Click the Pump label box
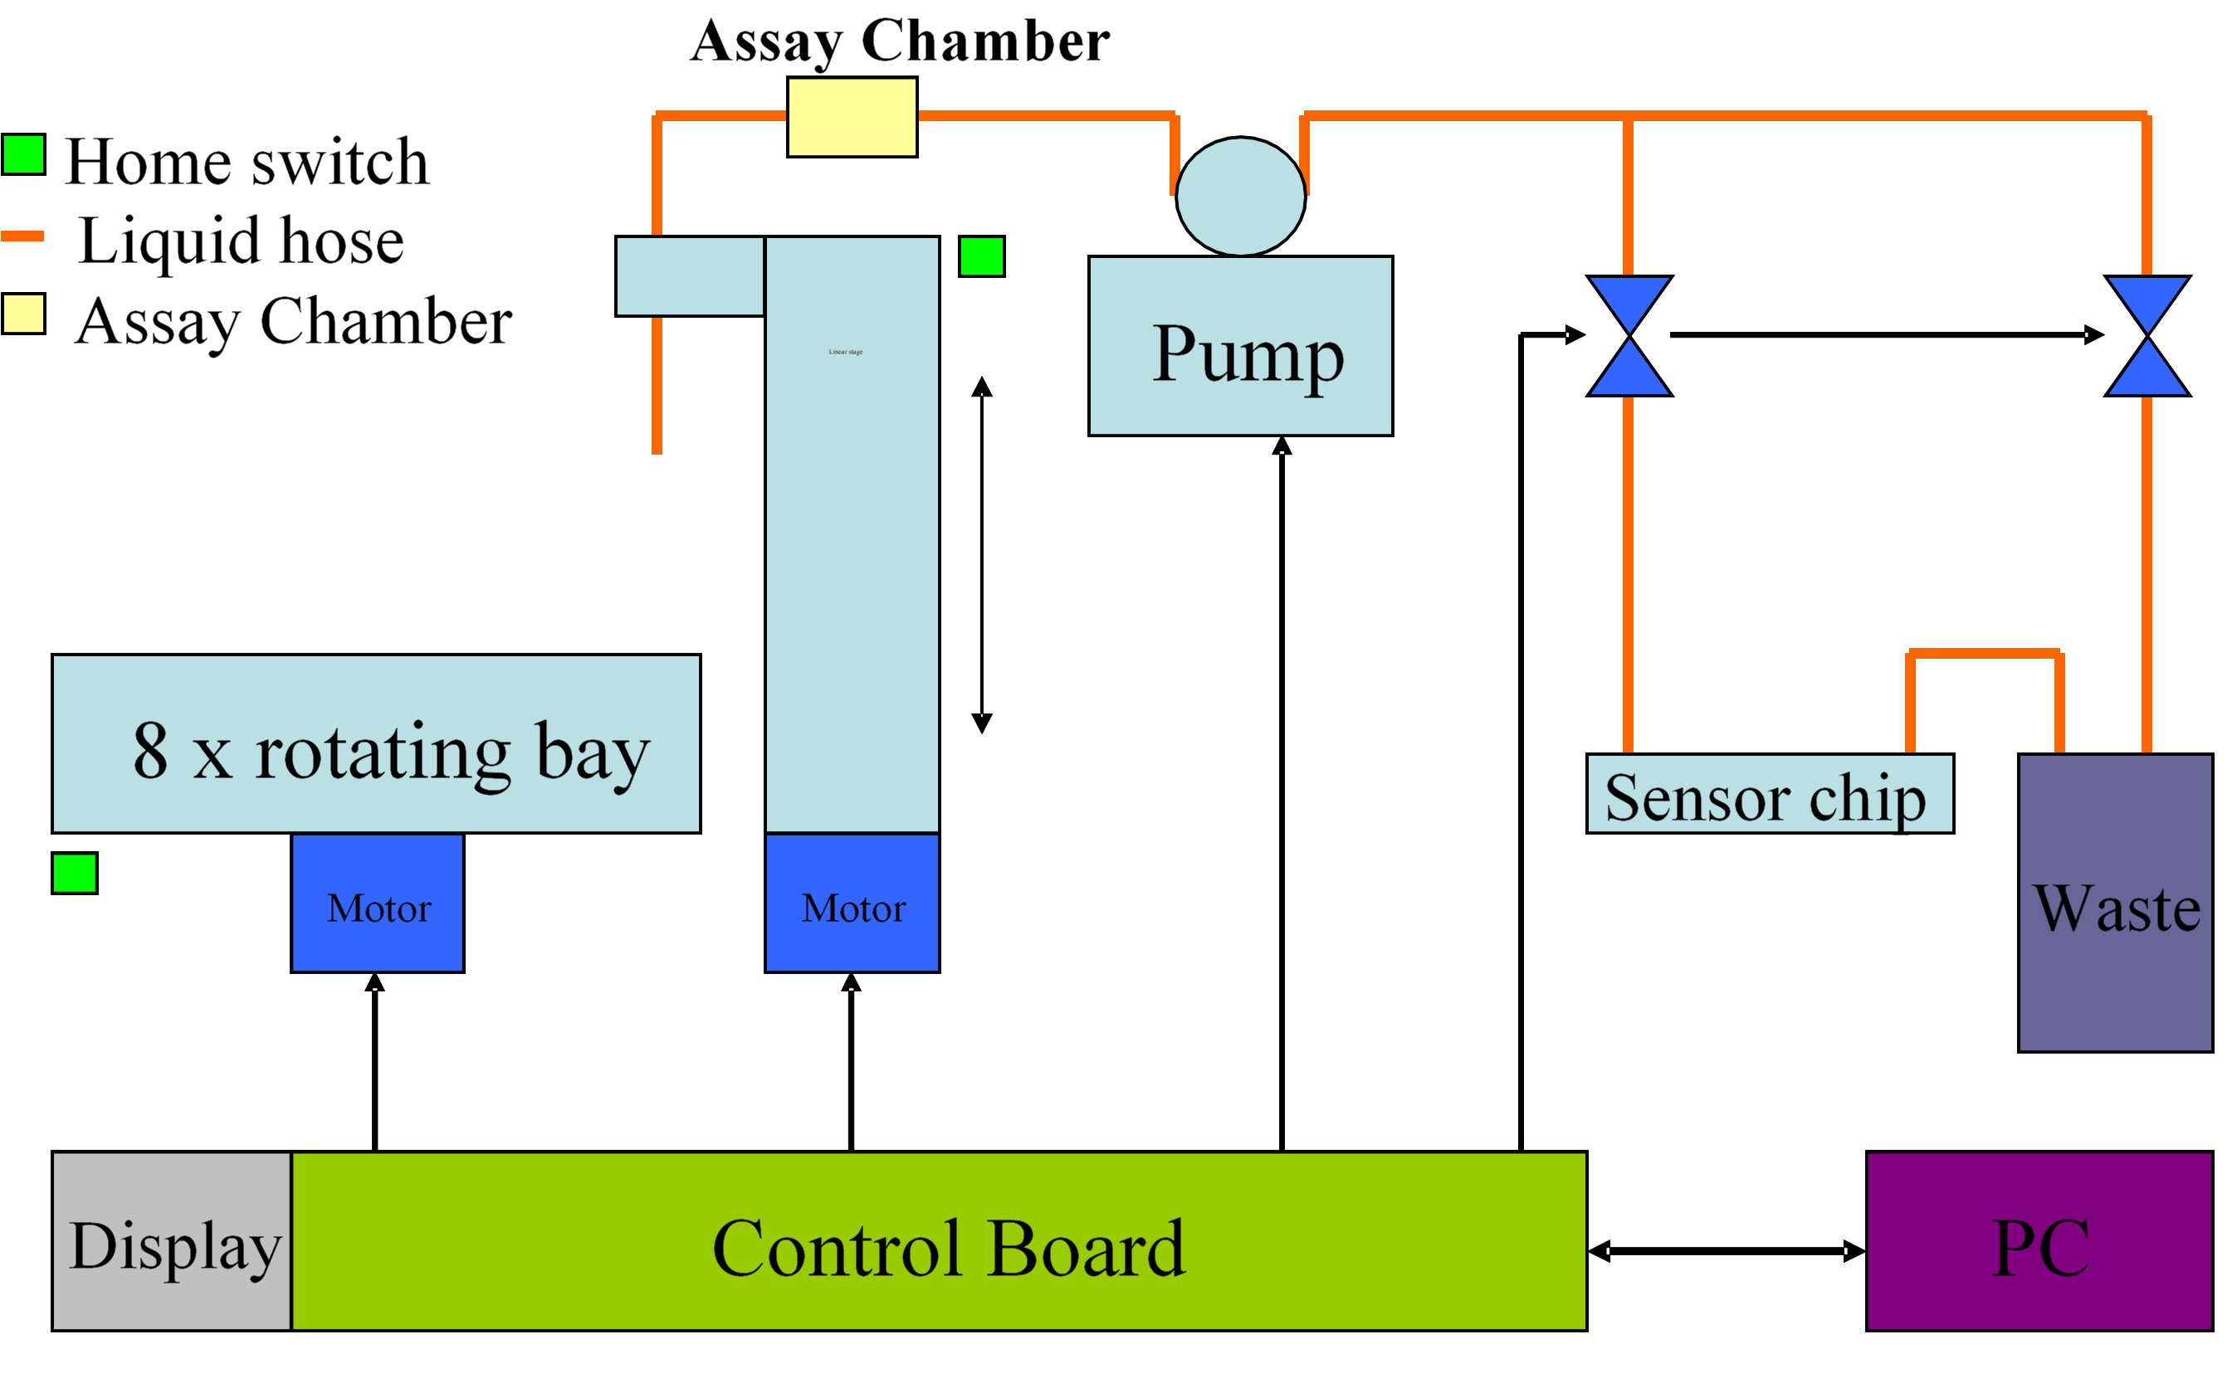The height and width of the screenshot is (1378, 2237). pos(1240,345)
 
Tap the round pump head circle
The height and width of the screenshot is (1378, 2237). pos(1240,196)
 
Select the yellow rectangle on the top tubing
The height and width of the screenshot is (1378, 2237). pos(852,117)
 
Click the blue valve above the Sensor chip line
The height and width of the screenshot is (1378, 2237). pos(1629,335)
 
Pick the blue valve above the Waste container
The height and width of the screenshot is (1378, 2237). pos(2147,335)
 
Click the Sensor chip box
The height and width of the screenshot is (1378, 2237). pos(1770,793)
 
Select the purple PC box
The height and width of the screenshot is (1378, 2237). pos(2039,1240)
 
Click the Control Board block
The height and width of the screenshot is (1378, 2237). pos(938,1240)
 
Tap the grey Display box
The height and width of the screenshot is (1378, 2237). pos(171,1240)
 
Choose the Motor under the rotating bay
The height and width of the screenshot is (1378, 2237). pos(378,903)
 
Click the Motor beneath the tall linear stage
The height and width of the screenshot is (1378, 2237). pos(852,903)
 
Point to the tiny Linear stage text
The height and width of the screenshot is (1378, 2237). pos(845,352)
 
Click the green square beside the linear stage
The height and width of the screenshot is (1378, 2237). pos(981,256)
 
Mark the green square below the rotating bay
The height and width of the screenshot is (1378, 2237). pos(74,873)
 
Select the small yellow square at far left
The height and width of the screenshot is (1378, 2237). pos(24,314)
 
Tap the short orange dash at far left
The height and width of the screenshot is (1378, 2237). pos(22,236)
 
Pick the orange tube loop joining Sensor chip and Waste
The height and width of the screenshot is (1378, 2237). pos(1985,654)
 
